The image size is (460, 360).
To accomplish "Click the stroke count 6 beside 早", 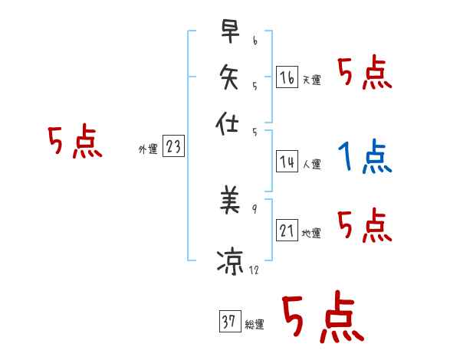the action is click(255, 39).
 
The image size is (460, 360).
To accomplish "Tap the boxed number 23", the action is click(173, 147).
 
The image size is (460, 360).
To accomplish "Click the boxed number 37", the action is click(228, 322).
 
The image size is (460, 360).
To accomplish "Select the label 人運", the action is click(311, 163).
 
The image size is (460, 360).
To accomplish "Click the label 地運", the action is click(311, 233).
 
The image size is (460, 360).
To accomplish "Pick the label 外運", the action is click(147, 149).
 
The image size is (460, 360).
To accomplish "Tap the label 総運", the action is click(254, 325).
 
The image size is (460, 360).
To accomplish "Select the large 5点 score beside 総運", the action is click(323, 318).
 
